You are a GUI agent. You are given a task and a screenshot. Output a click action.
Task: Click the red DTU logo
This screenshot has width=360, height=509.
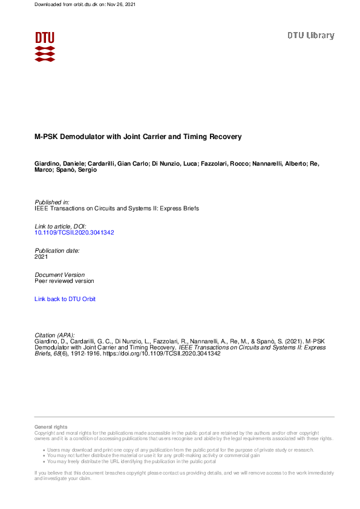pos(45,47)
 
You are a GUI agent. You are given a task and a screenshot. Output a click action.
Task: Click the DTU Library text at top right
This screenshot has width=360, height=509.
pos(310,35)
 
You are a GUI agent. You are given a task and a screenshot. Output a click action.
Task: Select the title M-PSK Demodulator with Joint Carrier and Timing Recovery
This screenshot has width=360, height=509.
pos(138,137)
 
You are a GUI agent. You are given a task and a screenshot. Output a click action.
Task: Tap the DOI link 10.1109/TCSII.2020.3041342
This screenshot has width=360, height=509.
pos(74,232)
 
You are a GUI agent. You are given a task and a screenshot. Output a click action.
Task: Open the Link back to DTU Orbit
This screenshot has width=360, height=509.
pos(65,299)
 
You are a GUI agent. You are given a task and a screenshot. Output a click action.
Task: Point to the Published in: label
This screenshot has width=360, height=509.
pos(52,202)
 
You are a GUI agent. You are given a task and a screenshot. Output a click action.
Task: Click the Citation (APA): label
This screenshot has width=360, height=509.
pos(55,335)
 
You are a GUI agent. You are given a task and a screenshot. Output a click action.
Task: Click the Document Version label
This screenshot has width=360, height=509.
pos(60,274)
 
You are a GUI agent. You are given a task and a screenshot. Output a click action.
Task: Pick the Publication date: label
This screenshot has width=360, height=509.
pos(57,250)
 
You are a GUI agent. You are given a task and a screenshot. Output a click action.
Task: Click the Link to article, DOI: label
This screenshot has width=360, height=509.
pos(61,225)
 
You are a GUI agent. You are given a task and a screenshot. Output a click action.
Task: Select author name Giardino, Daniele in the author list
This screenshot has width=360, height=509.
pos(59,163)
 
